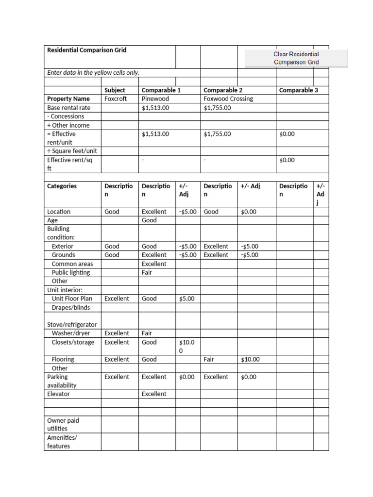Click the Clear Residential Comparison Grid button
pos(296,58)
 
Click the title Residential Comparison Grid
pos(86,50)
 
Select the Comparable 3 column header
pos(298,90)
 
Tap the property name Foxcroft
pos(115,99)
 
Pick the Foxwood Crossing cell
pos(228,99)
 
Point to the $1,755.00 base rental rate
pos(217,108)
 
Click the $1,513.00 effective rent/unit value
pos(155,134)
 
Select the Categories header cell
pos(62,186)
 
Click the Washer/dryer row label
pos(70,333)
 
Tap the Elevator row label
pos(58,394)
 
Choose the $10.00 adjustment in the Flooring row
pos(250,360)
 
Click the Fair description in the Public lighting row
pos(147,273)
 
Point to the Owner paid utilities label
pos(63,424)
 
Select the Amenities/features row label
pos(62,442)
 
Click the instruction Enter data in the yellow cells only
pos(93,73)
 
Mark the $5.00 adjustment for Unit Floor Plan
pos(186,299)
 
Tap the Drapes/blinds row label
pos(70,308)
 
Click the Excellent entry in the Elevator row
pos(154,394)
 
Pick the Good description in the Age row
pos(149,220)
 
